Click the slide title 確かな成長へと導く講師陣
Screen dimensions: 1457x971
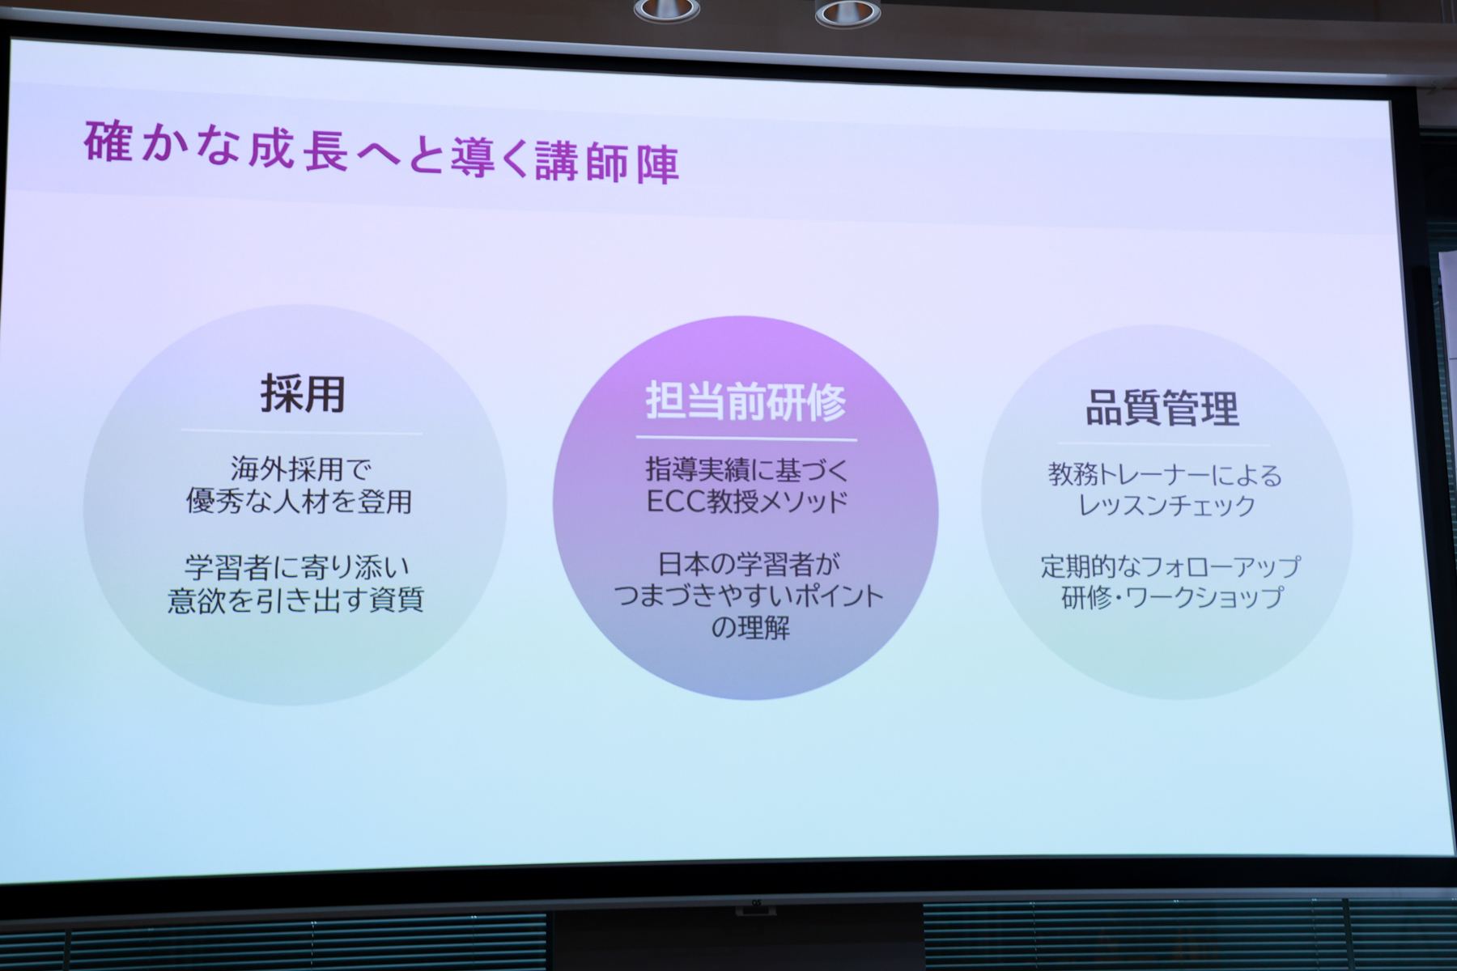381,154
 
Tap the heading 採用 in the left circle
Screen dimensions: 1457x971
303,394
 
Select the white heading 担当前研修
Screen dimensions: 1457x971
745,401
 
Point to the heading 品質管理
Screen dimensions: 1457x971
1162,408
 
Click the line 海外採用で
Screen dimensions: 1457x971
301,469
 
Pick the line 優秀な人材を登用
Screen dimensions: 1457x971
299,502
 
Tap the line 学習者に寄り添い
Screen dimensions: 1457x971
297,566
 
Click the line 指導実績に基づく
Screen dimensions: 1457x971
746,470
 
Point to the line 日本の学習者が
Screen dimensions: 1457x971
749,564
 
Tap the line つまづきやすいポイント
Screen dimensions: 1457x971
749,596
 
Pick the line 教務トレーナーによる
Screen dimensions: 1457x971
1165,475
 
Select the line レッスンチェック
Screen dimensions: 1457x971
1166,506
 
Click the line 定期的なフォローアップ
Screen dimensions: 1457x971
1170,566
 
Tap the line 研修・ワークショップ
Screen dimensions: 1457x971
1172,597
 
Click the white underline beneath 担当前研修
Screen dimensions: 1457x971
746,439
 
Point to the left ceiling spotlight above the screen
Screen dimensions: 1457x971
666,11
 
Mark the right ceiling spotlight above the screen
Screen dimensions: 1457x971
847,13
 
